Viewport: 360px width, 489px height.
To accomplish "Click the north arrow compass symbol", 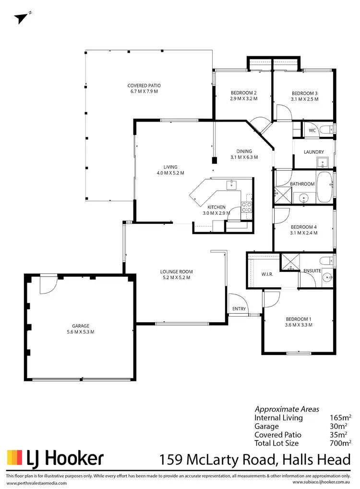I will pos(20,18).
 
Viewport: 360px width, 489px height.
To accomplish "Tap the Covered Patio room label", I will pos(144,86).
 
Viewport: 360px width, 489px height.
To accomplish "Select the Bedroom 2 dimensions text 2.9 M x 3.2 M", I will pos(244,99).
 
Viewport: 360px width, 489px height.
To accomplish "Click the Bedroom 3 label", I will pos(305,93).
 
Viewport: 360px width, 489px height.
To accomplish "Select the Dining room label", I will pos(244,151).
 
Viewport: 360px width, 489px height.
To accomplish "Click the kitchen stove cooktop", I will pos(247,208).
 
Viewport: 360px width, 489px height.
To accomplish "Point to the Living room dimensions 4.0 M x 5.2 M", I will pos(170,172).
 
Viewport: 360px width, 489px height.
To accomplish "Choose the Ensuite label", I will pos(312,271).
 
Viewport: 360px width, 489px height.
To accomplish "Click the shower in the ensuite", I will pos(290,262).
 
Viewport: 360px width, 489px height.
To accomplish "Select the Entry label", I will pos(239,309).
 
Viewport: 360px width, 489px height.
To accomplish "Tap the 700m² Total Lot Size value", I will pos(340,443).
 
